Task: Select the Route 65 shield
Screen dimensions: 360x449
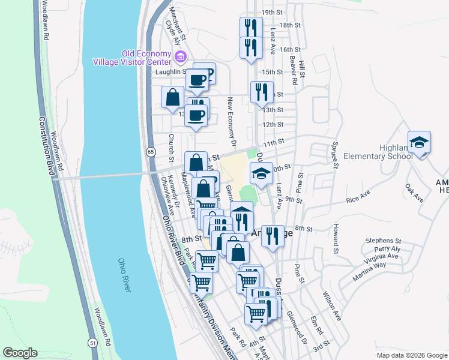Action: pyautogui.click(x=150, y=152)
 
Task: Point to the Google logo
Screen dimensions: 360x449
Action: pyautogui.click(x=20, y=353)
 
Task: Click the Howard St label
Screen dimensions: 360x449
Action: pyautogui.click(x=337, y=239)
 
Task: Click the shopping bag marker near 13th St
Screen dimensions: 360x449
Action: pyautogui.click(x=173, y=97)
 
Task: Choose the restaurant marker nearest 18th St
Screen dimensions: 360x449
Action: pyautogui.click(x=251, y=28)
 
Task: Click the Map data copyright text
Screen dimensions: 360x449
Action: pyautogui.click(x=411, y=355)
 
